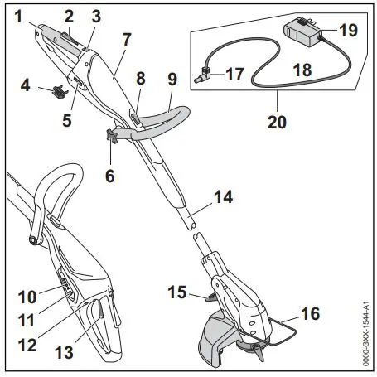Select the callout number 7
126,39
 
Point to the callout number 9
172,80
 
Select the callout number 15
176,292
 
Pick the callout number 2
69,16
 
